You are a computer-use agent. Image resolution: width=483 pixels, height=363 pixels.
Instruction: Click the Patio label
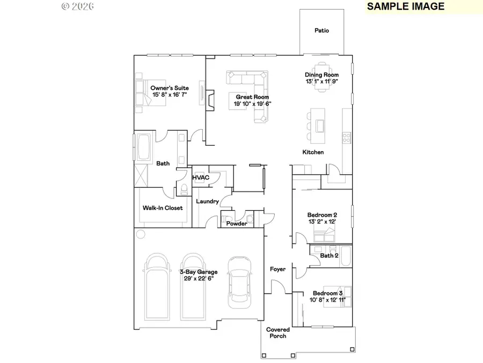(x=321, y=31)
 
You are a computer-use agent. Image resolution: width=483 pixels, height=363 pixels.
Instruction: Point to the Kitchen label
(x=313, y=152)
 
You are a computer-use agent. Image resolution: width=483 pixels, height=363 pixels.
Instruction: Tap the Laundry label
(x=207, y=202)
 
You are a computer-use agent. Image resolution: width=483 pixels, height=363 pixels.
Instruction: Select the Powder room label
(x=236, y=223)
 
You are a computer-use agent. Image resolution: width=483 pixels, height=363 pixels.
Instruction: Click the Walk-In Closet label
(x=162, y=208)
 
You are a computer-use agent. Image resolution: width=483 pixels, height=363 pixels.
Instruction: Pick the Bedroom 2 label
(x=322, y=215)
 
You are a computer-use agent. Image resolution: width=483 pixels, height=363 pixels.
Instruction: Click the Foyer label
(x=277, y=269)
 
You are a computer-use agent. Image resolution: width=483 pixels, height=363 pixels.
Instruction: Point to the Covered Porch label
(x=278, y=333)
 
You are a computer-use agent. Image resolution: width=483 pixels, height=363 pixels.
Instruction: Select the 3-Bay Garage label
(x=198, y=272)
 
